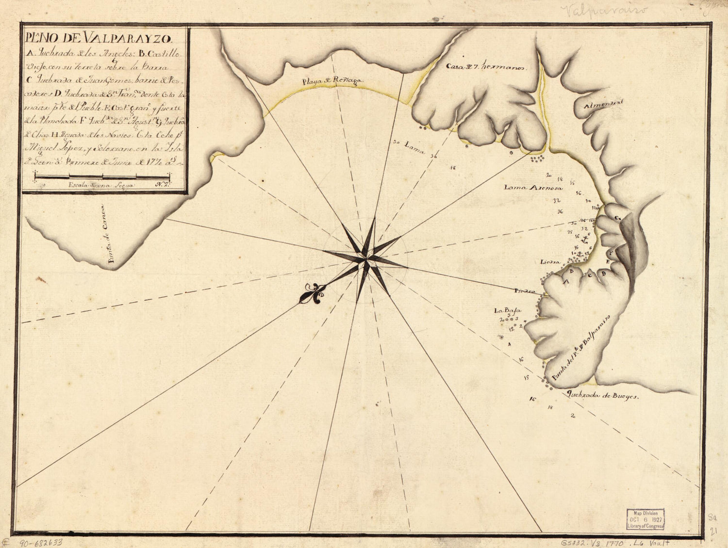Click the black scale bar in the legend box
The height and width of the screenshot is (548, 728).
pos(102,178)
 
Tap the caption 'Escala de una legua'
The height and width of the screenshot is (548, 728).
pos(101,185)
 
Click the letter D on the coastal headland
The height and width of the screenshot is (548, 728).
pos(604,274)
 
